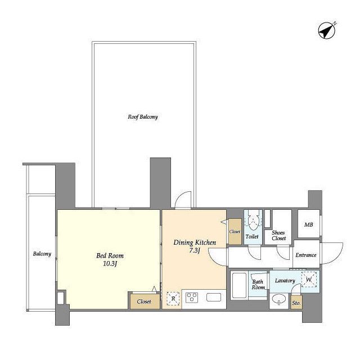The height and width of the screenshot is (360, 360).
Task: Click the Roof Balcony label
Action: click(143, 117)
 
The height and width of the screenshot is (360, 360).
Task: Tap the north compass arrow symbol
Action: click(326, 30)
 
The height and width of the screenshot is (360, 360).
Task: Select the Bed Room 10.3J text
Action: click(110, 259)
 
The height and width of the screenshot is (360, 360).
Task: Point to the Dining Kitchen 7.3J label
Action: click(195, 246)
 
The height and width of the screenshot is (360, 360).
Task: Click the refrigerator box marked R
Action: click(173, 299)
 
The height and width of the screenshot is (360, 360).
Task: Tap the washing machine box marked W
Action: click(309, 280)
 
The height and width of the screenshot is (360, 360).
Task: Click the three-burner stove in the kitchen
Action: click(192, 298)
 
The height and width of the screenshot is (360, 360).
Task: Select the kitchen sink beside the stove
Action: click(214, 298)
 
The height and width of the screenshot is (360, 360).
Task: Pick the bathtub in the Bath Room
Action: click(239, 285)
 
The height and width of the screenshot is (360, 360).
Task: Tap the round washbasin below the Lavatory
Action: click(279, 300)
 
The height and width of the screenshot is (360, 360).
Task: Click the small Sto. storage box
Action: click(296, 302)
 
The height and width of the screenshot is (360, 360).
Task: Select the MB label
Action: click(308, 225)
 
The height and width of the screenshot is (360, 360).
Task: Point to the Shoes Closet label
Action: click(279, 235)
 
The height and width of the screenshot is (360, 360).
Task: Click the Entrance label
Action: click(306, 255)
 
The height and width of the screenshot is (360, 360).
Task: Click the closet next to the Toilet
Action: click(235, 231)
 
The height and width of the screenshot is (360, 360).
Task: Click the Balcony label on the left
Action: click(42, 254)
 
